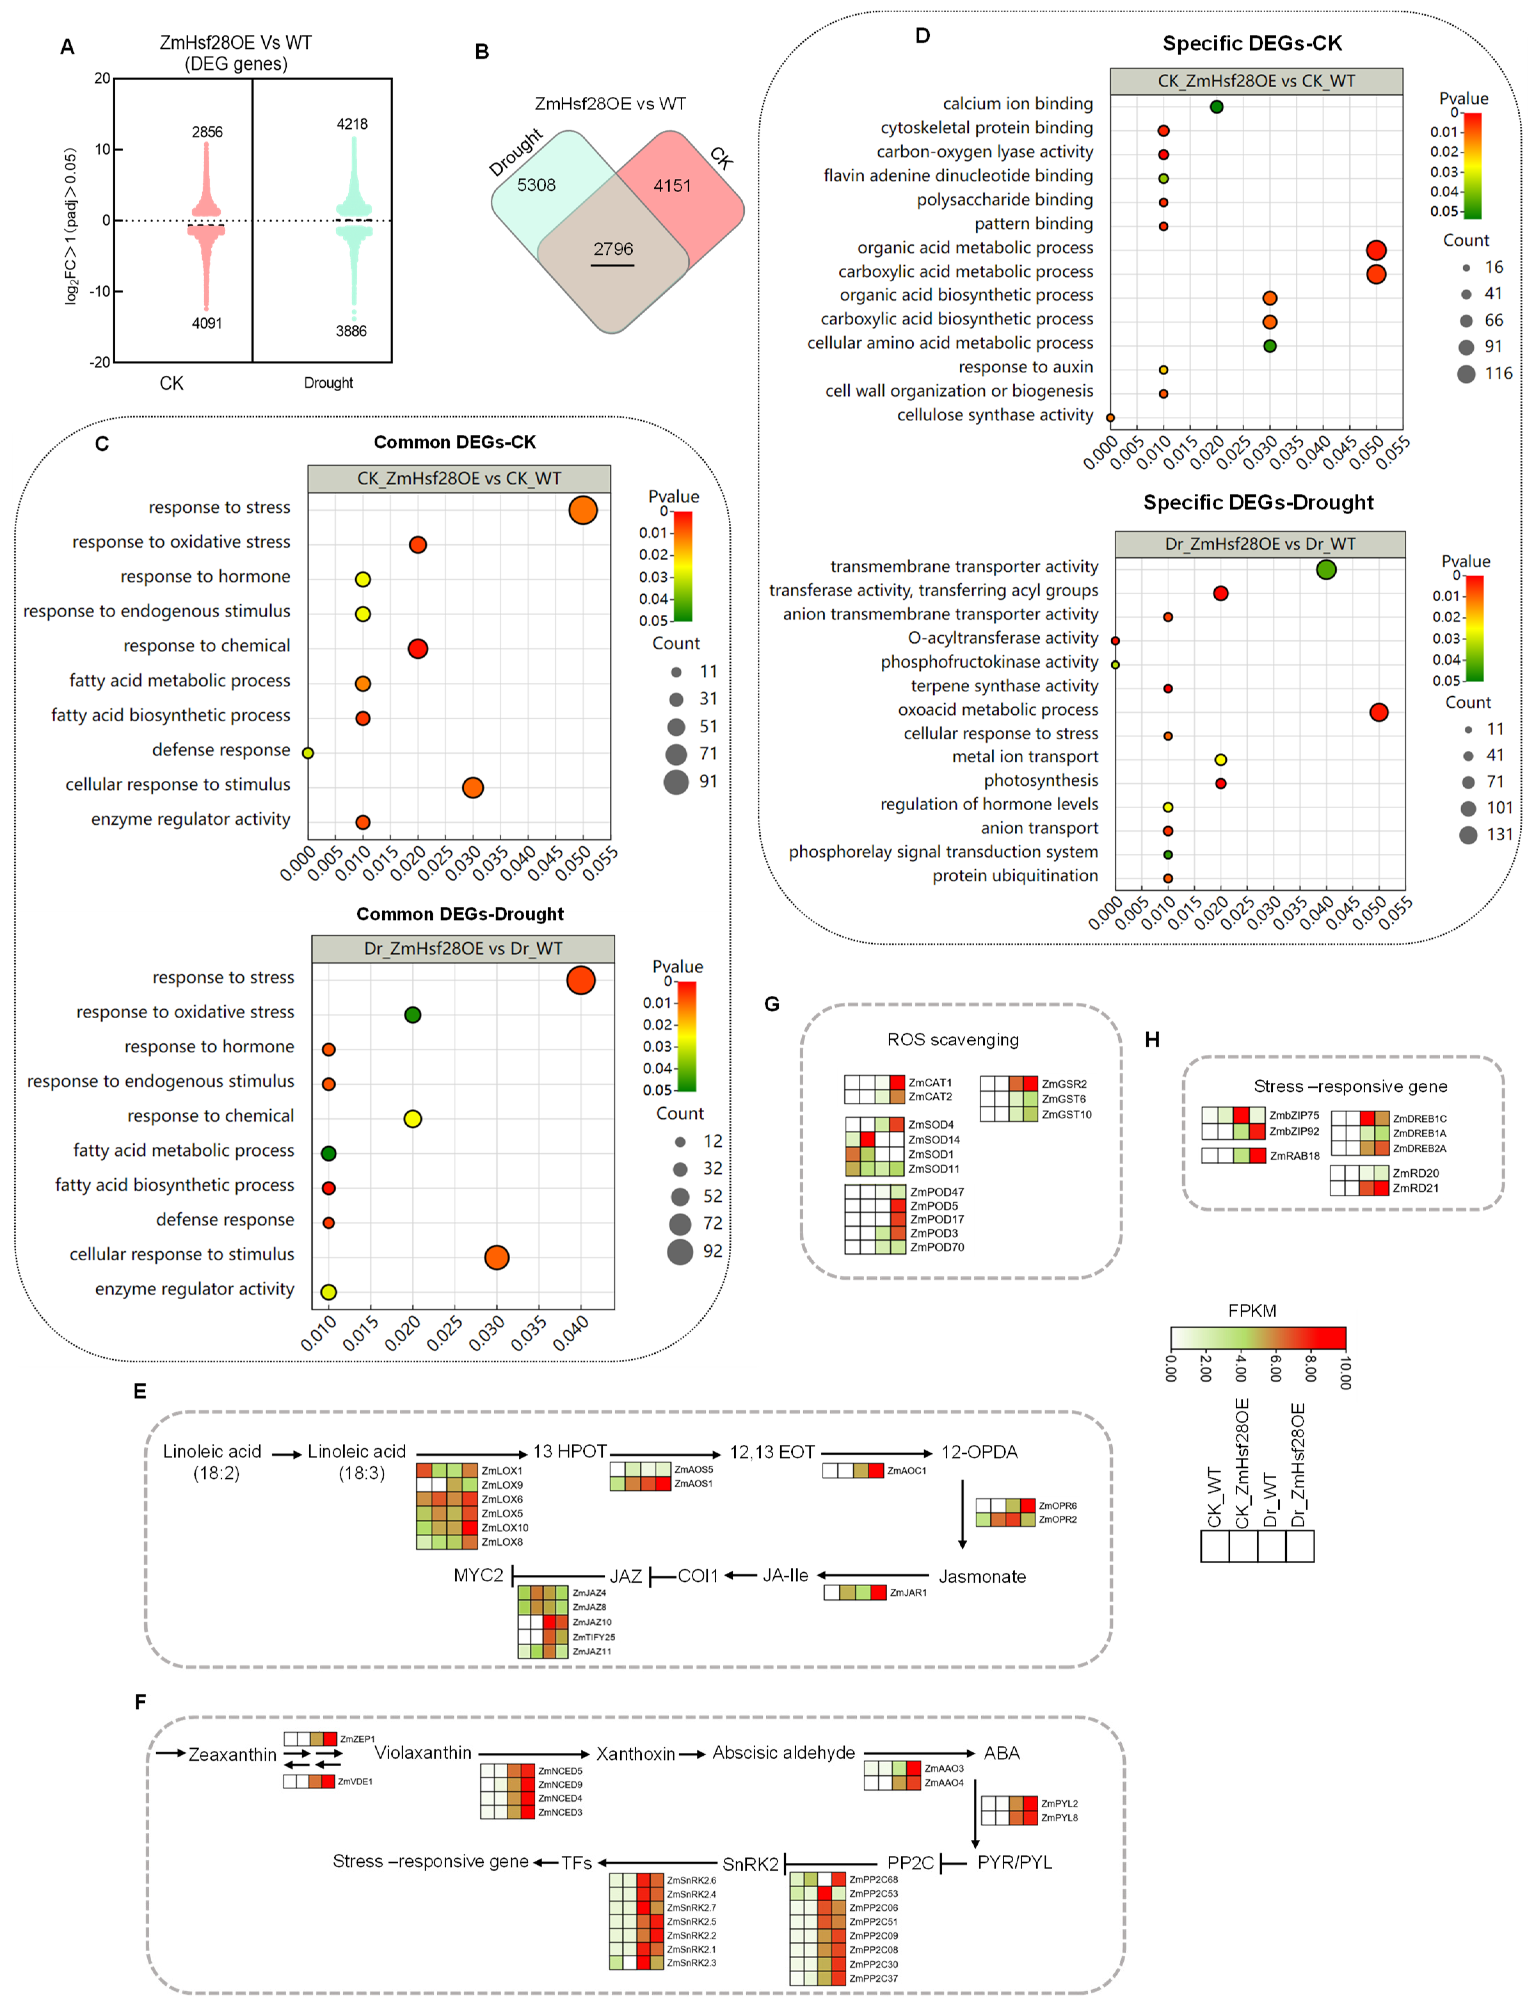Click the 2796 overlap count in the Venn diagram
click(612, 248)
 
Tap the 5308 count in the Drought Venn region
click(536, 185)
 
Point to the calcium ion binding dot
click(1216, 107)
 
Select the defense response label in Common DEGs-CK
click(221, 750)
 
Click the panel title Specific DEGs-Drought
click(1258, 503)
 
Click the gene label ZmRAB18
click(1295, 1156)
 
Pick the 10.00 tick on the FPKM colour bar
click(1344, 1372)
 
